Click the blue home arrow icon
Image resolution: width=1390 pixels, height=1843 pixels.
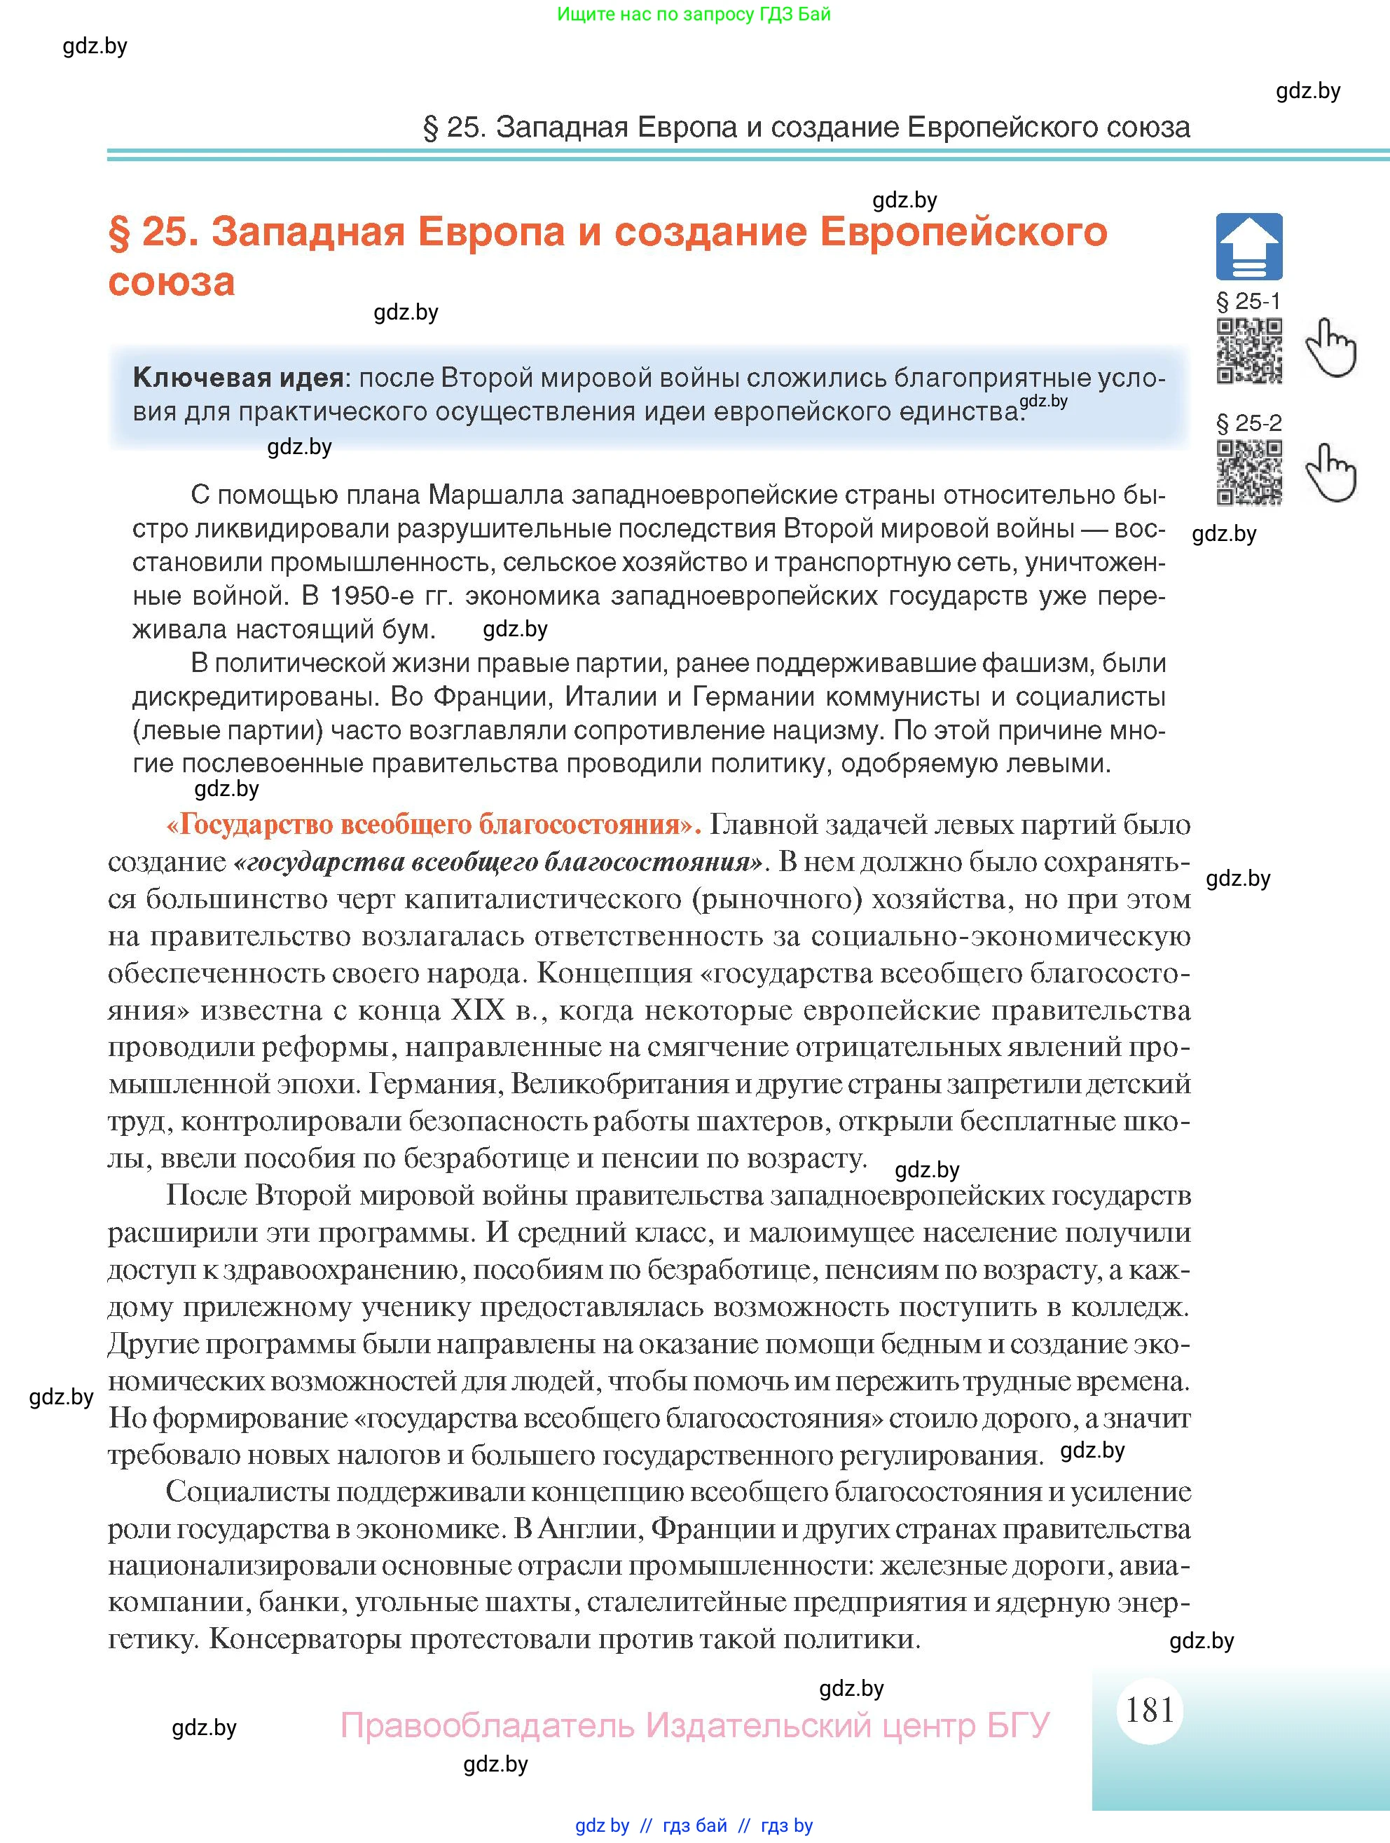point(1248,247)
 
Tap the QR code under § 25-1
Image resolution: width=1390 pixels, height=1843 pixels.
point(1248,351)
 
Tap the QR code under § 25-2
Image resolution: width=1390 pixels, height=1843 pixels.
point(1248,472)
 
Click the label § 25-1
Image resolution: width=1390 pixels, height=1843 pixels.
point(1248,301)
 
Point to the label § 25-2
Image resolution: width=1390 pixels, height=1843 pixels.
point(1248,423)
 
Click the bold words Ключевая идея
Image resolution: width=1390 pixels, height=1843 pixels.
point(238,378)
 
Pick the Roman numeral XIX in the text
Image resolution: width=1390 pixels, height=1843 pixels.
point(477,1010)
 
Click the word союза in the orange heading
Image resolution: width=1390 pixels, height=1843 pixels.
point(172,282)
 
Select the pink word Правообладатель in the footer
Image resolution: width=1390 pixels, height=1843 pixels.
point(486,1725)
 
